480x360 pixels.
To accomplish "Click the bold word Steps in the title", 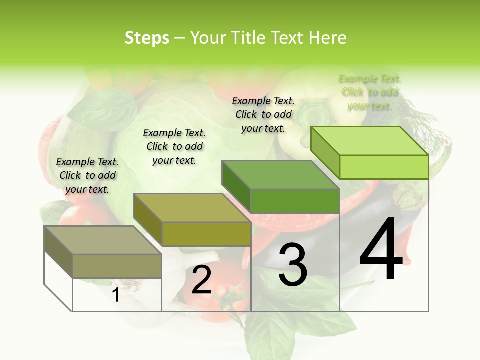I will pos(147,38).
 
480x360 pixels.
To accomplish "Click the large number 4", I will pos(381,250).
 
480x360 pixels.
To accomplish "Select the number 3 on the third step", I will pos(292,265).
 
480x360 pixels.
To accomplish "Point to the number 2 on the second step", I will pos(201,280).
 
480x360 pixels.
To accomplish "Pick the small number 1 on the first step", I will pos(115,295).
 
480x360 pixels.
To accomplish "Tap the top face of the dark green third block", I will pos(280,175).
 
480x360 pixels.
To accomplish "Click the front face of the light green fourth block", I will pos(384,167).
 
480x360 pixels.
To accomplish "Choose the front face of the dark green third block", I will pos(295,201).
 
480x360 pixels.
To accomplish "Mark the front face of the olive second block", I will pos(206,234).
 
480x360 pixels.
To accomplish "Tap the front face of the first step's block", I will pos(117,266).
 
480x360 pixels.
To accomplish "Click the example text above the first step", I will pos(87,175).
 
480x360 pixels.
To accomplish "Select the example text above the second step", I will pos(174,146).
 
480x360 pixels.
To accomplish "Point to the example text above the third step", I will pos(263,114).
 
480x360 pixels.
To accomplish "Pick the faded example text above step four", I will pos(370,92).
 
